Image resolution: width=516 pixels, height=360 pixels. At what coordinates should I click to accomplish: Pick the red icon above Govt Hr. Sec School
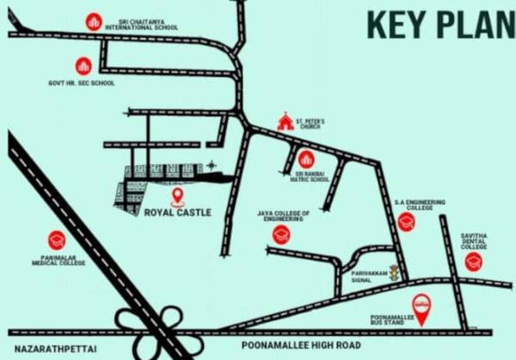(83, 65)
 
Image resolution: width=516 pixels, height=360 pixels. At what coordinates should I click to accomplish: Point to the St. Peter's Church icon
(285, 122)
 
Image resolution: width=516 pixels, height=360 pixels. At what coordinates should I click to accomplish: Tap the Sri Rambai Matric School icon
(305, 158)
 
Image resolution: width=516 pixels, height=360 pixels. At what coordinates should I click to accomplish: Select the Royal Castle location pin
(178, 195)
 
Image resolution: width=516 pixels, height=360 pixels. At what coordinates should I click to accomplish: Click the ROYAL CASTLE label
(177, 212)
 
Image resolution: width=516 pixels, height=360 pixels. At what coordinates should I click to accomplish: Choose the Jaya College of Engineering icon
(281, 235)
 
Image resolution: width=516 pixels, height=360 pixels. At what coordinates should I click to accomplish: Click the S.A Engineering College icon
(407, 222)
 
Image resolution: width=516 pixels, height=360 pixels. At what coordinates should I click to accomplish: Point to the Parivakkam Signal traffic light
(394, 273)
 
